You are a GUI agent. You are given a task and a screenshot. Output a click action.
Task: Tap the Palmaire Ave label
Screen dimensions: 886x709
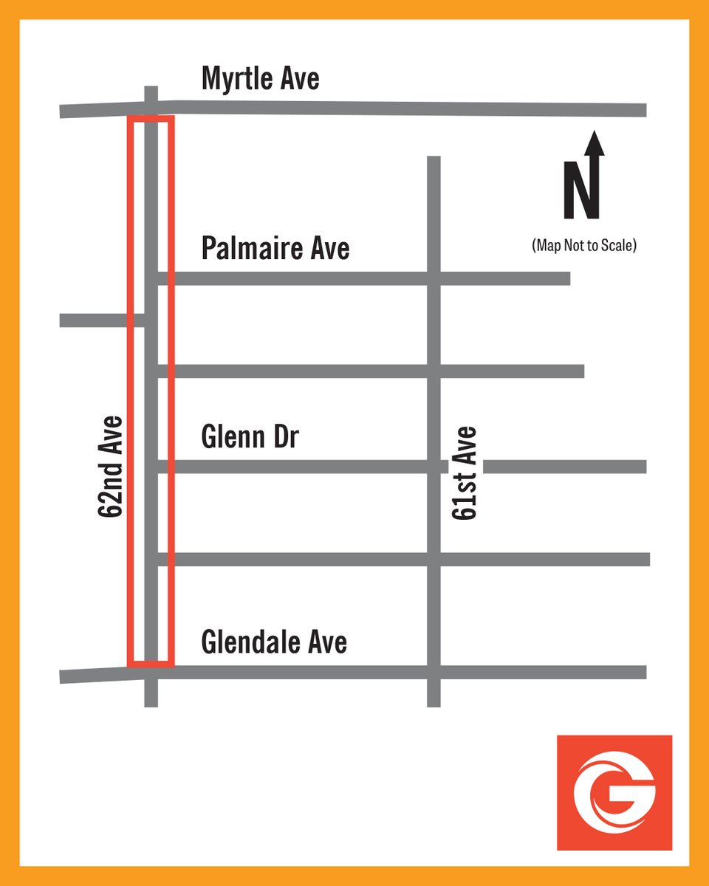(x=275, y=248)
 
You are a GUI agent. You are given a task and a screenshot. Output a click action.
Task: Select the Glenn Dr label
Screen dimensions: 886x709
(x=250, y=438)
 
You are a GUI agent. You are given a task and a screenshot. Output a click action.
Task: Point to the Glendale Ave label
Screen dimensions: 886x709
(x=274, y=642)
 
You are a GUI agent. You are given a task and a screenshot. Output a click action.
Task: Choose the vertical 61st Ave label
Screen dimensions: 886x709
(x=465, y=473)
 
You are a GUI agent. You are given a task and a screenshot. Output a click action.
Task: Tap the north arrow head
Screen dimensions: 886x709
(x=595, y=142)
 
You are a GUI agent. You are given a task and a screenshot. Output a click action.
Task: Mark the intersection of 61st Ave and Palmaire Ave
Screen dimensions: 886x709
(x=434, y=278)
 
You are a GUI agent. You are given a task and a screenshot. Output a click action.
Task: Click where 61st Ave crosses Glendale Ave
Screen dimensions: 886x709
(x=434, y=672)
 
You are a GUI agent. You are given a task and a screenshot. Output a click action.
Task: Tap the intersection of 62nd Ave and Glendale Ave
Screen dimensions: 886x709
(x=151, y=673)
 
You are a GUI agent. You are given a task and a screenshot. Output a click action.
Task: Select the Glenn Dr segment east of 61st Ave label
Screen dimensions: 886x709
(x=565, y=467)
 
